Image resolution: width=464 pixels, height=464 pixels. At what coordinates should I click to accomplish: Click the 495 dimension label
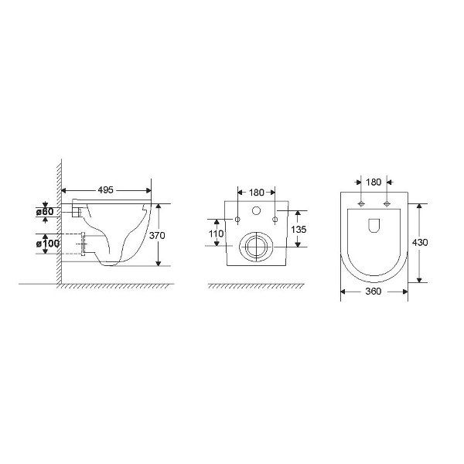pyautogui.click(x=106, y=190)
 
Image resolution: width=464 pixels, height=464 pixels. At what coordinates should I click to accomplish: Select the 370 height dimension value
pyautogui.click(x=157, y=236)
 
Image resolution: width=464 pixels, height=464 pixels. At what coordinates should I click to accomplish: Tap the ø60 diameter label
pyautogui.click(x=45, y=212)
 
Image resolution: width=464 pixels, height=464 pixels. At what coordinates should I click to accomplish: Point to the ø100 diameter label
pyautogui.click(x=48, y=244)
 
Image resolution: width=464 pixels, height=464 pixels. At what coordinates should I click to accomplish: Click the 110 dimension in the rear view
pyautogui.click(x=217, y=234)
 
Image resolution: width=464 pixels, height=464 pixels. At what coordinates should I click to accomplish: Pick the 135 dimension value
pyautogui.click(x=299, y=230)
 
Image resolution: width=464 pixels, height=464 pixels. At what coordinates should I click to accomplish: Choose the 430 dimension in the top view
pyautogui.click(x=420, y=242)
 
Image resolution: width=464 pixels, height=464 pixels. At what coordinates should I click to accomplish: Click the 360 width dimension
pyautogui.click(x=374, y=292)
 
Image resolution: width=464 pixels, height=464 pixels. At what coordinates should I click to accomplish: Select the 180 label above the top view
pyautogui.click(x=374, y=183)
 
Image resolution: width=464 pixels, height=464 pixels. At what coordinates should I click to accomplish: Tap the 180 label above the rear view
pyautogui.click(x=256, y=193)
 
